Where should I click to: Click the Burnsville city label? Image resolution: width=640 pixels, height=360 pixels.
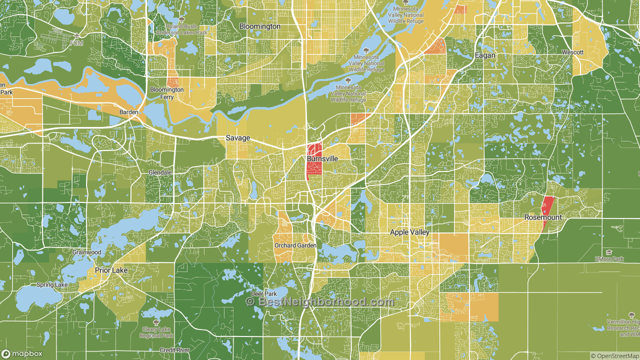[x=322, y=158]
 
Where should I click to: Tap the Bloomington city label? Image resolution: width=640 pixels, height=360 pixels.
[x=259, y=26]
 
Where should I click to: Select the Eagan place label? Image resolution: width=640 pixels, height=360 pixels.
[x=485, y=55]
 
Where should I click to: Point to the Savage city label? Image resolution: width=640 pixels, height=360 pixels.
[x=237, y=138]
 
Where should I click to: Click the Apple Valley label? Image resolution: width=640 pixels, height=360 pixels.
[x=409, y=232]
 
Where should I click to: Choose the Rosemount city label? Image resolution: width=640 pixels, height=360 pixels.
[x=542, y=217]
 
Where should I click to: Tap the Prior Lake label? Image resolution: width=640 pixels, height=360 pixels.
[x=111, y=270]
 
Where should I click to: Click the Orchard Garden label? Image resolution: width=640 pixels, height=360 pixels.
[x=295, y=245]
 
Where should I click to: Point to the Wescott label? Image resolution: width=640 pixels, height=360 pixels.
[x=572, y=52]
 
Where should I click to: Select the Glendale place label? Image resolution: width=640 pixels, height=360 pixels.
[x=160, y=172]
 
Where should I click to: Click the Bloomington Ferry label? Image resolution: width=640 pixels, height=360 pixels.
[x=167, y=93]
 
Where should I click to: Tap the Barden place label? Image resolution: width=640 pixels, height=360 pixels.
[x=128, y=112]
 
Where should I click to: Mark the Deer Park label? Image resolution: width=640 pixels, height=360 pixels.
[x=263, y=294]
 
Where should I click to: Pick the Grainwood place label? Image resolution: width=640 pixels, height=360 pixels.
[x=86, y=252]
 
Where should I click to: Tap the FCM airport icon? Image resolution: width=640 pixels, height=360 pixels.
[x=76, y=36]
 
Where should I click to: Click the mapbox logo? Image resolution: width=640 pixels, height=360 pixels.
[x=22, y=354]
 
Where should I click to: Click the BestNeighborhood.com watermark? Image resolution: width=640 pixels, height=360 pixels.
[x=320, y=302]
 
